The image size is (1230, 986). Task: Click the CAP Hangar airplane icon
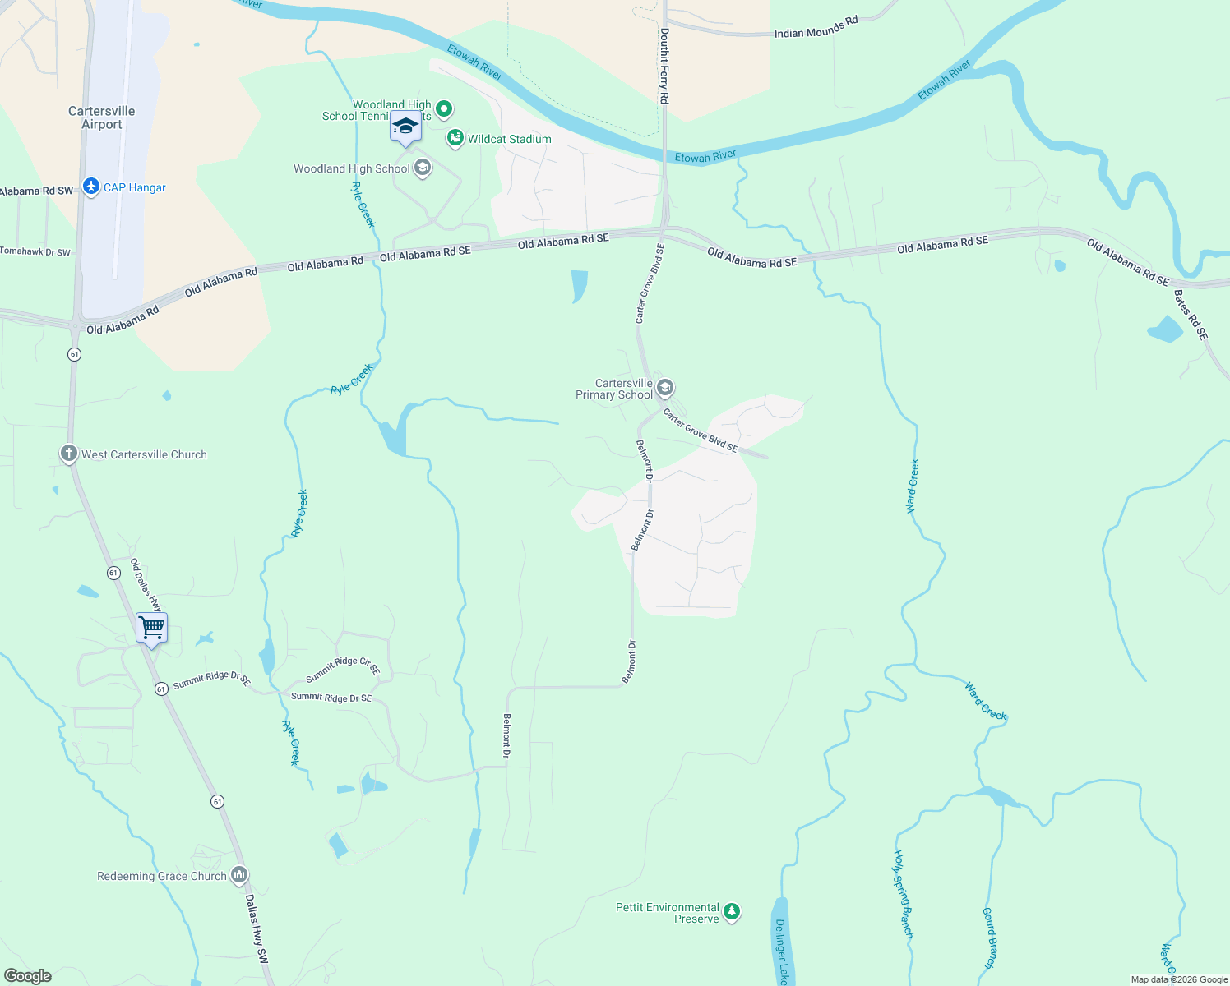(x=91, y=187)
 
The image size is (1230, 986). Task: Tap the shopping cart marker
(x=151, y=629)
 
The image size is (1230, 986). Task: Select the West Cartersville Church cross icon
(x=69, y=454)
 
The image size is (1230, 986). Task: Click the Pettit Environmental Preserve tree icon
(x=731, y=911)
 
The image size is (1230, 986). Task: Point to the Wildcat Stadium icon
(x=455, y=138)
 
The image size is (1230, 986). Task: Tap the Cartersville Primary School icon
(x=665, y=388)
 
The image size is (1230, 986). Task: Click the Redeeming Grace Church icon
(x=239, y=875)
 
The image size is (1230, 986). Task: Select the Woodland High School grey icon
(x=423, y=168)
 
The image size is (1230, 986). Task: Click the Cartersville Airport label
(x=102, y=117)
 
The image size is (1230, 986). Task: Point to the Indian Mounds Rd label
(x=816, y=29)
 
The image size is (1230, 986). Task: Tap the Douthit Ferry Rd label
(x=664, y=66)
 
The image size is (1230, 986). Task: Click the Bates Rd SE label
(x=1191, y=315)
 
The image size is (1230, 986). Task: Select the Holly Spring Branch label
(x=904, y=894)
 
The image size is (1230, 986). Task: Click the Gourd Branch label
(x=990, y=937)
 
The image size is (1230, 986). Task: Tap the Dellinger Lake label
(x=781, y=951)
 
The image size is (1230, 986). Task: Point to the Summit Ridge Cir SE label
(x=344, y=667)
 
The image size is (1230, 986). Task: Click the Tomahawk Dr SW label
(x=35, y=251)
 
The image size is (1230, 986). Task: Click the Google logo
(x=28, y=975)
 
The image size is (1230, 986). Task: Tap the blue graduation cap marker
(x=405, y=127)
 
